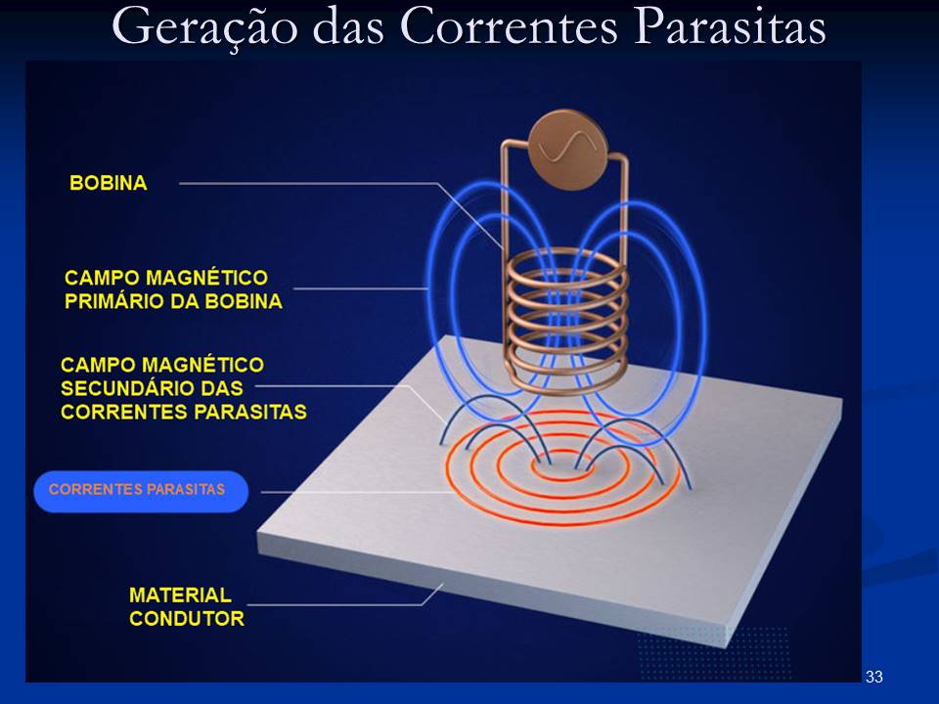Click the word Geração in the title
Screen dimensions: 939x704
click(204, 27)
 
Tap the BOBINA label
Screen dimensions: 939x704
click(109, 183)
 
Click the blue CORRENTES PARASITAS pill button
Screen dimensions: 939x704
click(141, 491)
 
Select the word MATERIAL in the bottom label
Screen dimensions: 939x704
click(180, 594)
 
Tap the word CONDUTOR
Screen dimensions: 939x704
click(187, 618)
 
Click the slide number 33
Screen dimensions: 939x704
click(874, 677)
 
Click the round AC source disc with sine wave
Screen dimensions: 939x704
click(567, 150)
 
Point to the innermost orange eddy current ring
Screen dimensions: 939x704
click(561, 465)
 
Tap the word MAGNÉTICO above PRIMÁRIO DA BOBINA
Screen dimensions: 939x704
click(207, 277)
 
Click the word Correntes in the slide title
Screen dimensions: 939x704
click(509, 27)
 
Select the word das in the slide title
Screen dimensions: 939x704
click(348, 27)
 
